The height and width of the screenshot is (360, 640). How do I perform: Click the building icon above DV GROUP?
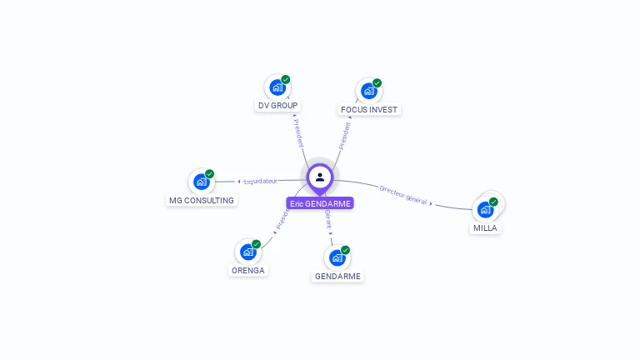coord(277,87)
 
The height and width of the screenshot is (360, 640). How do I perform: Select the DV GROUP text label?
coord(277,106)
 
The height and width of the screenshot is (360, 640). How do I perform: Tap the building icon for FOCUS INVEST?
coord(368,90)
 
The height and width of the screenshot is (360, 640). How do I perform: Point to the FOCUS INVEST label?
coord(370,109)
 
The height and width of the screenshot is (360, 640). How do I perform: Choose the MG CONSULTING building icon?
coord(201,181)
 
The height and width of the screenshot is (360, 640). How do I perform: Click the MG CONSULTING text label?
coord(202,200)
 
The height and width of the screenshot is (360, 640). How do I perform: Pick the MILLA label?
coord(486,227)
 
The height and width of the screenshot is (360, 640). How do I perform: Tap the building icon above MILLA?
coord(486,209)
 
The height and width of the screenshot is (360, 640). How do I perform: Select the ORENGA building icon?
coord(247,251)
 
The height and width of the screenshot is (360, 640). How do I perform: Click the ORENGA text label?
coord(248,270)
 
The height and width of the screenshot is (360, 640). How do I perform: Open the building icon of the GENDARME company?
coord(337,257)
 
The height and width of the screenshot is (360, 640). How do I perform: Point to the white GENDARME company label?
coord(337,276)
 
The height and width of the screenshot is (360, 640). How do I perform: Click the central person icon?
coord(320,177)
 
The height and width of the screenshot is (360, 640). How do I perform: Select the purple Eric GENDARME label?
coord(320,203)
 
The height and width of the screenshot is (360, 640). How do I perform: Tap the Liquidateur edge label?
coord(260,181)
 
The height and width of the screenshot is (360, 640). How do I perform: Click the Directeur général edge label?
coord(403,194)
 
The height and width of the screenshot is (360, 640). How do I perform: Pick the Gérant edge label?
coord(328,219)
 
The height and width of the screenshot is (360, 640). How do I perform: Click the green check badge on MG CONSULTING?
coord(209,174)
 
